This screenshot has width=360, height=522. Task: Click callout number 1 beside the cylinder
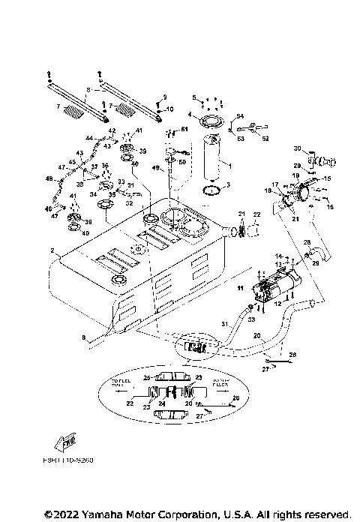point(230,164)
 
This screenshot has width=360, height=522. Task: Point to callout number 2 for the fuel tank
point(52,249)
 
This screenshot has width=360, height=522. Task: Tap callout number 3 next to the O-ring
point(228,184)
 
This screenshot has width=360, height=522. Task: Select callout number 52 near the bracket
point(265,137)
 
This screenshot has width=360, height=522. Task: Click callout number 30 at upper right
point(296,148)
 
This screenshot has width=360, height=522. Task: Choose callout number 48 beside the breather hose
point(49,180)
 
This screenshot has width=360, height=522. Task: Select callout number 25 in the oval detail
point(148,376)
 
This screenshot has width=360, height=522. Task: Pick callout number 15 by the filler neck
point(326,178)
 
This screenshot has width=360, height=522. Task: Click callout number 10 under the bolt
point(169,109)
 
